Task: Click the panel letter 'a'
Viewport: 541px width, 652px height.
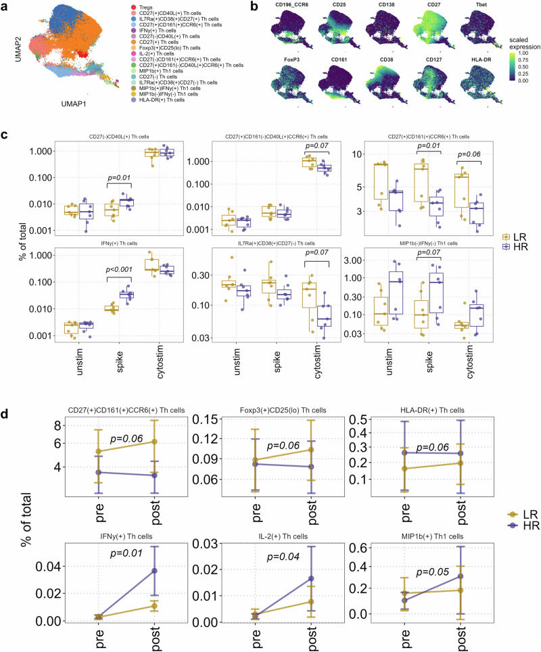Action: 6,6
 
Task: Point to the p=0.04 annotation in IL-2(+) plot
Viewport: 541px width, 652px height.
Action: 277,553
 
